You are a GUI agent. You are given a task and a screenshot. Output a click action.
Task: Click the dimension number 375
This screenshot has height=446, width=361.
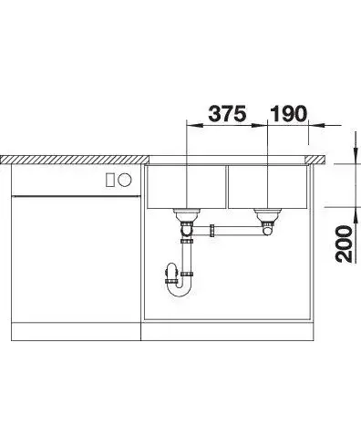pyautogui.click(x=227, y=114)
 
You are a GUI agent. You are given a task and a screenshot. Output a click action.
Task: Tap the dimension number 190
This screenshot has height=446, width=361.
pyautogui.click(x=288, y=114)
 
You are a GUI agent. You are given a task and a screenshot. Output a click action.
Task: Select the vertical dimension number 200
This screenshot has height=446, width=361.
pyautogui.click(x=344, y=244)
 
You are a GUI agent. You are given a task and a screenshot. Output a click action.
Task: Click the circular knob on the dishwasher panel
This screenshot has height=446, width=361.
pyautogui.click(x=125, y=180)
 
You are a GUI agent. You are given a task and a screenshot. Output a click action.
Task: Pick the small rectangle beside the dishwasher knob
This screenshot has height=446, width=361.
pyautogui.click(x=110, y=180)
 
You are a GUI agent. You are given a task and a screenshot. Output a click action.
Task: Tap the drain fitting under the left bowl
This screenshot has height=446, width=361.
pyautogui.click(x=186, y=215)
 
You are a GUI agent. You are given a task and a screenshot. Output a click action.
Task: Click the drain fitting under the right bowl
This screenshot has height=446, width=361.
pyautogui.click(x=267, y=215)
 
